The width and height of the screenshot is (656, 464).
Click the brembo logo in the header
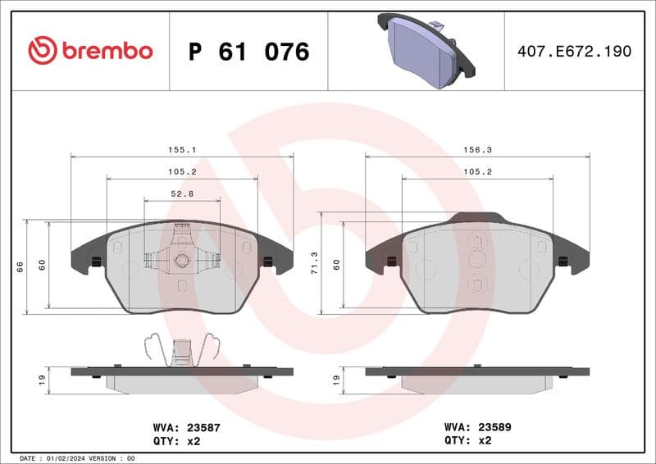point(90,51)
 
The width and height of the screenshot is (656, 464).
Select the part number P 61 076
point(248,52)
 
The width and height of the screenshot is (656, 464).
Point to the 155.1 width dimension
point(181,150)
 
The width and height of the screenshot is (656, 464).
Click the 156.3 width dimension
point(476,150)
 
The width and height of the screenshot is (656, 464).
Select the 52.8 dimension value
point(181,194)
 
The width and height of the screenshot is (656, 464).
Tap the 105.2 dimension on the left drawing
point(181,172)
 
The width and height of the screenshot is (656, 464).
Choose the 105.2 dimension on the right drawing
point(476,172)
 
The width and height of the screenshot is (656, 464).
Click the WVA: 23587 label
point(187,427)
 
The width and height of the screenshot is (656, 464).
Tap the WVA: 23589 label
point(477,427)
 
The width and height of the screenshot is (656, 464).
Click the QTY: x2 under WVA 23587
point(176,440)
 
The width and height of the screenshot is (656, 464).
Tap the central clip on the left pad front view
point(181,258)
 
